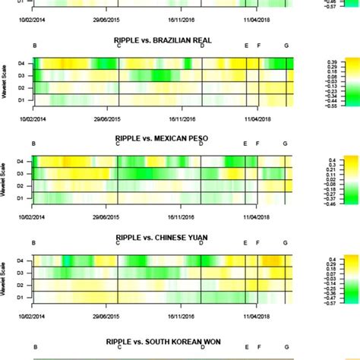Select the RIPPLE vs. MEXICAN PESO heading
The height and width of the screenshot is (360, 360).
[163, 137]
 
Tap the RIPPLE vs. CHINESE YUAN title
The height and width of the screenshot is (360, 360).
[163, 237]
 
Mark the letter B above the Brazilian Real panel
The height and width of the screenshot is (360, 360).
[34, 47]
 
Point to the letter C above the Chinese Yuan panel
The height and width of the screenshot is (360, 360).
[118, 244]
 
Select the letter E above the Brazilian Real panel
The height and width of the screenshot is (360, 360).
[246, 47]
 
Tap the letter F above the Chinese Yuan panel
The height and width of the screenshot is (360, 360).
[259, 244]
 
